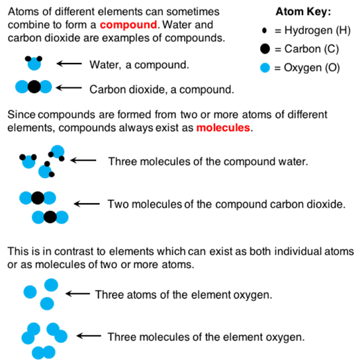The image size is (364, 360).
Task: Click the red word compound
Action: click(x=128, y=25)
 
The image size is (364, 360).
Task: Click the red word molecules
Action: click(x=223, y=128)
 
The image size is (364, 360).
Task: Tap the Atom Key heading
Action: click(x=303, y=12)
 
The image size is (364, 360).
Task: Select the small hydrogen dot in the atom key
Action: click(x=264, y=30)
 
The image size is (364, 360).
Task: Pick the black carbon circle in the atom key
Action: click(x=265, y=49)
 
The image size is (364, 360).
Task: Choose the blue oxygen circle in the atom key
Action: click(x=265, y=67)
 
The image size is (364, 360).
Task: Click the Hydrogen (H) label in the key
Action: click(x=317, y=30)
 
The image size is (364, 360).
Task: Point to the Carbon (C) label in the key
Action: click(x=312, y=49)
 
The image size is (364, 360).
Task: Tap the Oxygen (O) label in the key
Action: click(x=312, y=67)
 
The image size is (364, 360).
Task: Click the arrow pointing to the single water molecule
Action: click(x=69, y=64)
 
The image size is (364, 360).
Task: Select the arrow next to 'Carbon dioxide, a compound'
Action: click(x=69, y=88)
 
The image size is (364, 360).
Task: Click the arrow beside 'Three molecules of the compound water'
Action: click(x=83, y=160)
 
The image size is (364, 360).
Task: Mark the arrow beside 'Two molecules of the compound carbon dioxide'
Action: click(x=87, y=204)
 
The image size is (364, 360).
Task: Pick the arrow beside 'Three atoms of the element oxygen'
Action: click(x=77, y=294)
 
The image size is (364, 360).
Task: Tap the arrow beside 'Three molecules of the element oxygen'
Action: click(x=89, y=336)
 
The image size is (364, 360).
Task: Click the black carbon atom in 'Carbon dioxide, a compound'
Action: click(x=34, y=87)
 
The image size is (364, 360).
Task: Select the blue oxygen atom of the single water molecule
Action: click(x=34, y=64)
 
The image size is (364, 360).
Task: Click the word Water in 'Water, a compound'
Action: click(x=105, y=65)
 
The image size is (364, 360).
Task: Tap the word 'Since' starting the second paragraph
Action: click(x=21, y=114)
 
